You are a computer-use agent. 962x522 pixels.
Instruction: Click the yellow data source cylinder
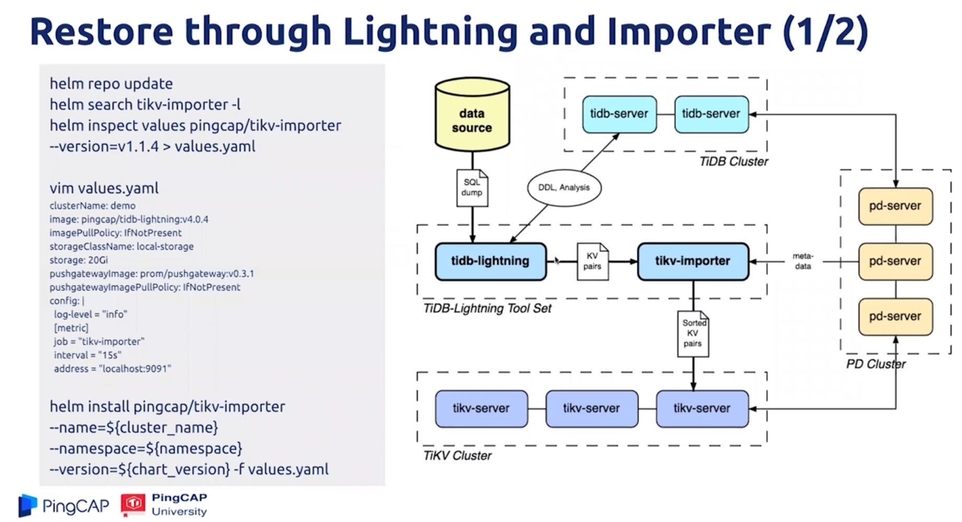(x=472, y=115)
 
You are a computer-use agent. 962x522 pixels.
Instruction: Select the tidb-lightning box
(x=490, y=261)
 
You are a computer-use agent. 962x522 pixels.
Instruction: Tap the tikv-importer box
(x=692, y=261)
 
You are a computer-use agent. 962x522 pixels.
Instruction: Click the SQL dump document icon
(x=472, y=188)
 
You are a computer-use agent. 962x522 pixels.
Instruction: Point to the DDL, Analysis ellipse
(x=564, y=188)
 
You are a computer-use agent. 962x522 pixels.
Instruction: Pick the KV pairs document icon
(x=592, y=261)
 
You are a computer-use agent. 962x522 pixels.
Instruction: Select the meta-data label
(x=803, y=261)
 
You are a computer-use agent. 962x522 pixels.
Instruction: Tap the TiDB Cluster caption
(x=733, y=162)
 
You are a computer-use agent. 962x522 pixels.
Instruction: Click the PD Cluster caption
(x=875, y=364)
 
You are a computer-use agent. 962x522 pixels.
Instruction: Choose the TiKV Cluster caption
(x=457, y=456)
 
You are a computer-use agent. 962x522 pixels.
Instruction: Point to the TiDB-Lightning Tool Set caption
(x=487, y=309)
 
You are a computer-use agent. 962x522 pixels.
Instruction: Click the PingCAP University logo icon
(x=133, y=504)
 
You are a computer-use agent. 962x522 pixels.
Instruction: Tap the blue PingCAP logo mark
(x=28, y=505)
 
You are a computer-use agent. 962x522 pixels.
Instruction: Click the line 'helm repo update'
(x=111, y=84)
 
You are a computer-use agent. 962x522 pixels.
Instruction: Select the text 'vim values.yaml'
(x=104, y=188)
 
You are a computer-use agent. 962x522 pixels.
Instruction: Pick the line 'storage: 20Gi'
(x=78, y=260)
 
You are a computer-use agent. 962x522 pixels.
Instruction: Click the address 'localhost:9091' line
(x=112, y=369)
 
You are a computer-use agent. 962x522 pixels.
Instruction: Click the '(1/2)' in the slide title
(x=825, y=31)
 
